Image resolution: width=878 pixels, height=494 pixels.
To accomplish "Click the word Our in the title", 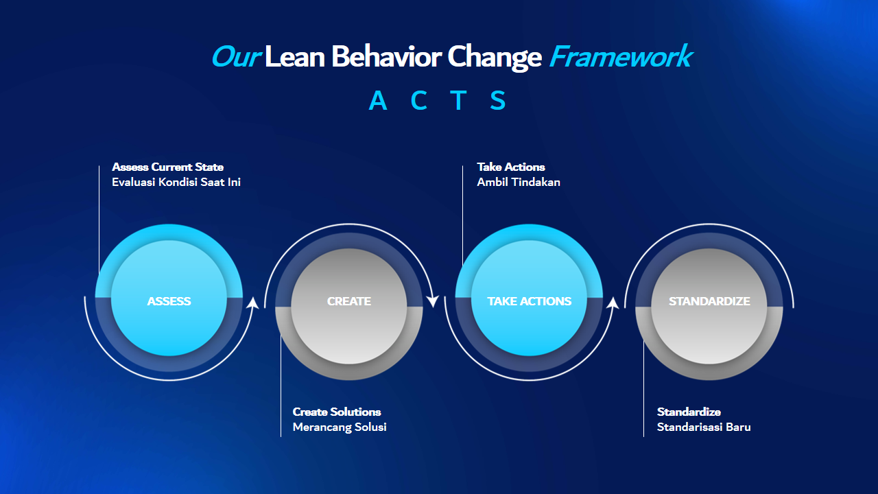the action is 236,57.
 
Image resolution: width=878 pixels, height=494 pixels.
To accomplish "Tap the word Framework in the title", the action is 621,56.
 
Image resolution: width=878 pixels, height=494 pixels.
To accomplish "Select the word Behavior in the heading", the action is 386,56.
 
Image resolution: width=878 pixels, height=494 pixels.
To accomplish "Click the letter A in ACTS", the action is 378,100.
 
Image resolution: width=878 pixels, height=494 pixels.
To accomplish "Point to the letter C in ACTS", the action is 418,100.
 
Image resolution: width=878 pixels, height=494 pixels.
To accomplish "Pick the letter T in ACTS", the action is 458,100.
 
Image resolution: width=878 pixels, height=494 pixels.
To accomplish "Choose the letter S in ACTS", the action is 498,100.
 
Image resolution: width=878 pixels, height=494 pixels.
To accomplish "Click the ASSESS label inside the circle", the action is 169,301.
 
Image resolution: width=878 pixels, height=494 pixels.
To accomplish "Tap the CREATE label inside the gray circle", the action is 349,301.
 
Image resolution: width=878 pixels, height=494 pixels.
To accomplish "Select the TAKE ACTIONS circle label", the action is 529,301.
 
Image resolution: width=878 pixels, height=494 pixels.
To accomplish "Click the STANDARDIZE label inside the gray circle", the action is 709,301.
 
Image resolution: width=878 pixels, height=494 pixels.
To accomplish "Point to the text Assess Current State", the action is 168,167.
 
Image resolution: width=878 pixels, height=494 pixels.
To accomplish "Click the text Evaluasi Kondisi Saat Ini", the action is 176,183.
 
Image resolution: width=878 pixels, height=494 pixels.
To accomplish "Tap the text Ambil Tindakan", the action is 519,183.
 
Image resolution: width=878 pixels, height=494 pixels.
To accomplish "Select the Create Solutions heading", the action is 337,412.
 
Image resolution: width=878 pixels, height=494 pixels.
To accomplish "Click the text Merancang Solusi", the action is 340,427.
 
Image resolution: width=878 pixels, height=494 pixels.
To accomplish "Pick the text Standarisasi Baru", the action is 704,427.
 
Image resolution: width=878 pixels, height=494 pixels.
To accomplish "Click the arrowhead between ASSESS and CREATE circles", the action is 253,303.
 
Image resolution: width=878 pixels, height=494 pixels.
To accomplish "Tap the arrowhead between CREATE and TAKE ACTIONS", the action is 433,301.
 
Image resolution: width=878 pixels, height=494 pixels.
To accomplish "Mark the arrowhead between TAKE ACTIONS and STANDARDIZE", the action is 613,303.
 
